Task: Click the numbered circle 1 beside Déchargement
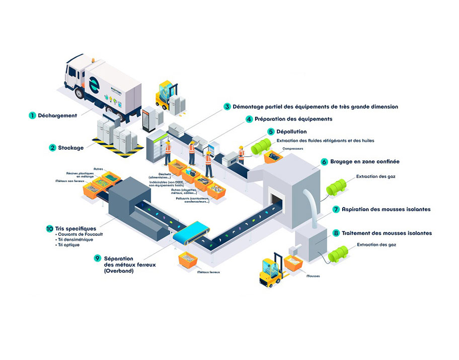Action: pyautogui.click(x=32, y=115)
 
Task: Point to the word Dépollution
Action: pyautogui.click(x=291, y=132)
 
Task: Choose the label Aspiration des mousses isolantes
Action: pyautogui.click(x=386, y=209)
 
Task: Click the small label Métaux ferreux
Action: pyautogui.click(x=209, y=272)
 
